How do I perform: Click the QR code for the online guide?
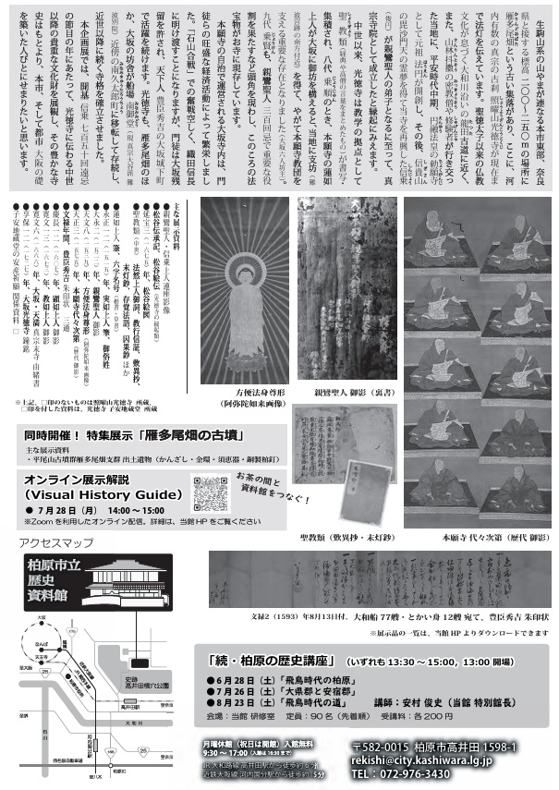click(x=208, y=489)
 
